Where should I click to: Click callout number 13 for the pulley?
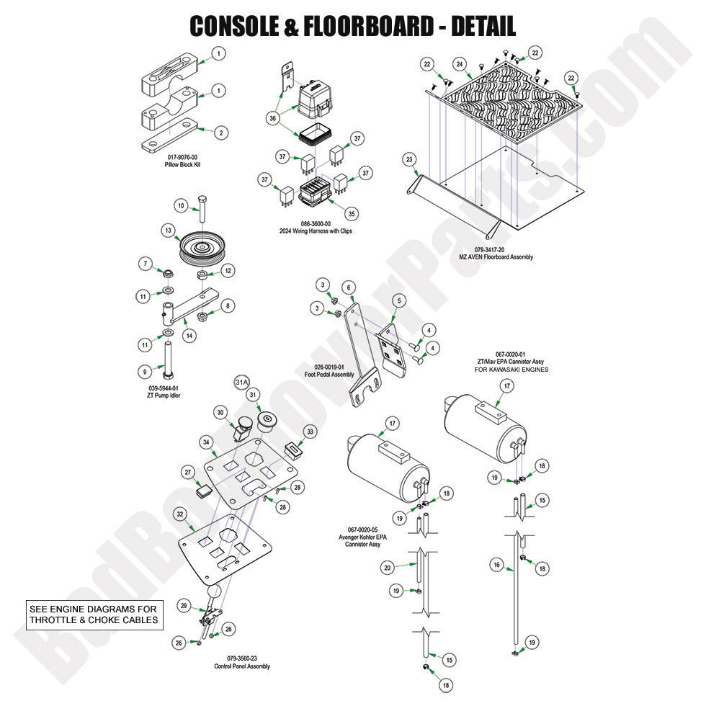click(x=168, y=231)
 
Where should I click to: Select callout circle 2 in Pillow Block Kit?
click(x=220, y=132)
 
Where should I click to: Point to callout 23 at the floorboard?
click(x=410, y=158)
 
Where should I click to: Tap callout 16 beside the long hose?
click(x=496, y=566)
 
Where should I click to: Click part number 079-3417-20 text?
click(x=504, y=249)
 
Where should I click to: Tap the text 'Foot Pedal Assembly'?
click(x=329, y=375)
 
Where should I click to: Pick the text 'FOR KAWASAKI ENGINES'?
click(x=511, y=370)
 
